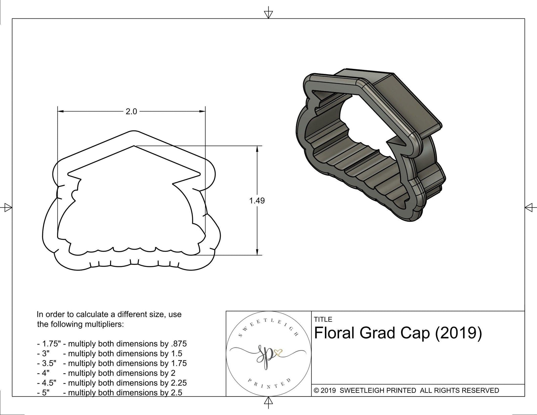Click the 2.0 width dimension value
(131, 111)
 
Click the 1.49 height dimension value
(257, 201)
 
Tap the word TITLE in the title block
(323, 319)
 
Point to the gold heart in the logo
(278, 353)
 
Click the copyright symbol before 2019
(316, 390)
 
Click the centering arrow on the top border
(268, 14)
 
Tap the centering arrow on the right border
(530, 207)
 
